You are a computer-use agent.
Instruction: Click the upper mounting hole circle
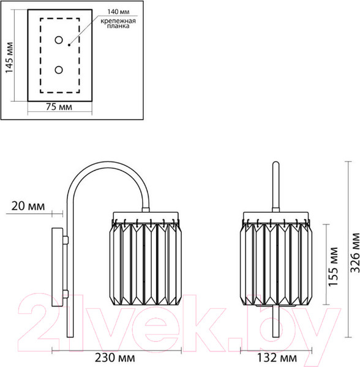[59, 41]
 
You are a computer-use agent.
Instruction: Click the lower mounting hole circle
[59, 70]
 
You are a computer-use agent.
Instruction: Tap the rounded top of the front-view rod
[276, 164]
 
